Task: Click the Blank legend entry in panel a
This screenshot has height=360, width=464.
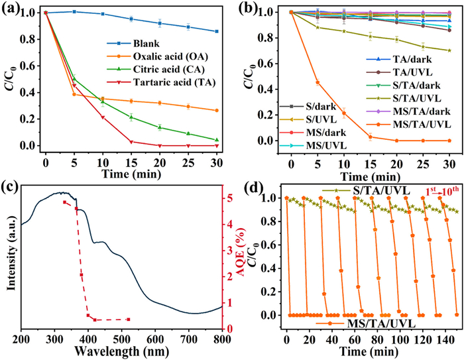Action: point(149,50)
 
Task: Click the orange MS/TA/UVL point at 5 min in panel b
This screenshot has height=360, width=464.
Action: point(318,82)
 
